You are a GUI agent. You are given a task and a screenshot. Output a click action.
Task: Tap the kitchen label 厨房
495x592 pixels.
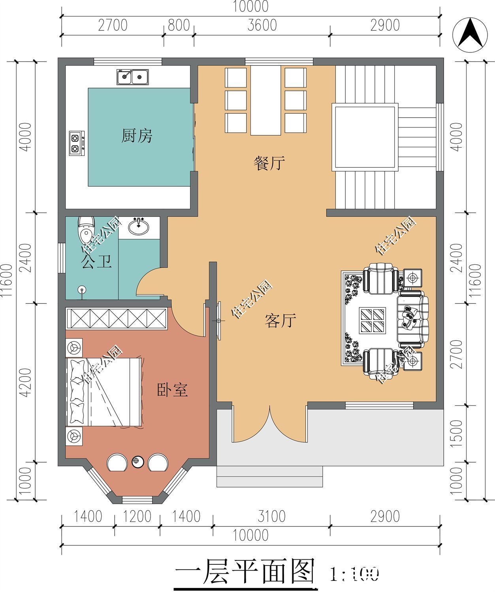136,136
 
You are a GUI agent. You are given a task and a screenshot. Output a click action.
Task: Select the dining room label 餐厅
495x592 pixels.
269,163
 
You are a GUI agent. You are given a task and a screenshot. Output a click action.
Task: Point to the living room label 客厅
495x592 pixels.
280,321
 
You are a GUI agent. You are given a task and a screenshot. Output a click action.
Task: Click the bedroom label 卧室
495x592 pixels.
172,390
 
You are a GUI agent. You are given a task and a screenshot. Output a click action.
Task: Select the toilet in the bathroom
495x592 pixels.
86,230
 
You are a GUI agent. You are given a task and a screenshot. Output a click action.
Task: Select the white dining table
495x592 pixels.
265,100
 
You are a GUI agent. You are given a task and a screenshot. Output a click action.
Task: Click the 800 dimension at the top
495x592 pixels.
179,25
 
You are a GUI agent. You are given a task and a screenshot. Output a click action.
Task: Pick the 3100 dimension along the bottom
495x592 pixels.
271,516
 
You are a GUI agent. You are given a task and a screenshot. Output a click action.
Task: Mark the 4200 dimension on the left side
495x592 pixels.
25,382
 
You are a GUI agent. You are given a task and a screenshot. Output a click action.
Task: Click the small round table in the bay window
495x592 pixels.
137,461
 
